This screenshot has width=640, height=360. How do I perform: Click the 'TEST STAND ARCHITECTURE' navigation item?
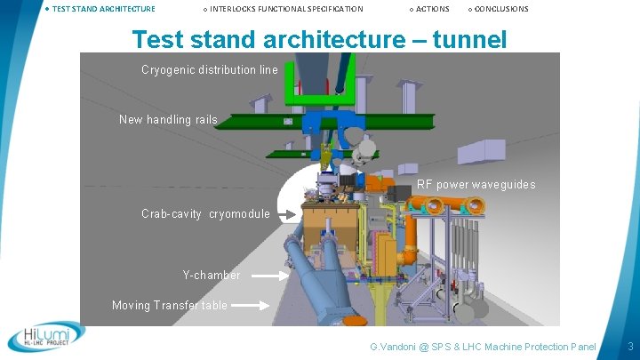click(103, 9)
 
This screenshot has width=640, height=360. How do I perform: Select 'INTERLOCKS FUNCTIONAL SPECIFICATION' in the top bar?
click(286, 9)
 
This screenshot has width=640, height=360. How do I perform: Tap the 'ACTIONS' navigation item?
click(432, 9)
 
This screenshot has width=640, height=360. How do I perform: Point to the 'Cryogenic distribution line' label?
click(210, 69)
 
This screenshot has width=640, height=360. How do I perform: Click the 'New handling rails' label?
click(168, 119)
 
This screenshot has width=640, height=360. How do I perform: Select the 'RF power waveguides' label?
click(476, 185)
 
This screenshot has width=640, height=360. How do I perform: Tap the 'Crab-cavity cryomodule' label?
click(205, 213)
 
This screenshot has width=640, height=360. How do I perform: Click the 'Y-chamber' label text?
click(212, 275)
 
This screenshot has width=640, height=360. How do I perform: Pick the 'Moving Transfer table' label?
click(170, 305)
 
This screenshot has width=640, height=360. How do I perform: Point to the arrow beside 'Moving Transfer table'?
click(252, 306)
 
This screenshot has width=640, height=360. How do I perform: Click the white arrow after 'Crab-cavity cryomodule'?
click(285, 214)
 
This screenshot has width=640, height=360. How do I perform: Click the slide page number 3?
click(629, 345)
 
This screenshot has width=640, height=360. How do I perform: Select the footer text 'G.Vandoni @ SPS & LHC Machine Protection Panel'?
click(483, 345)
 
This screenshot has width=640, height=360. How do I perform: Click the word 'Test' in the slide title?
click(161, 39)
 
